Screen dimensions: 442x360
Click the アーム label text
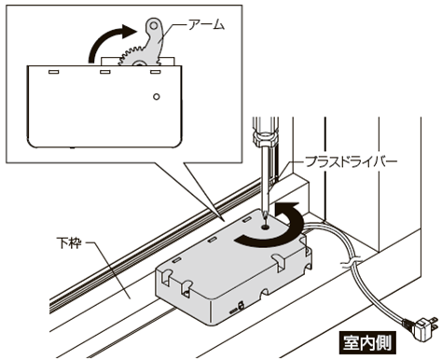206,24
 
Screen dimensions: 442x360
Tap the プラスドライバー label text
352,162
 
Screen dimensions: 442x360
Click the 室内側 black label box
367,343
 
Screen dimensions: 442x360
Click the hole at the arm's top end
153,25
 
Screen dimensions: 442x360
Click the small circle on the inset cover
157,97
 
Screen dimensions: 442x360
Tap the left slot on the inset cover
54,72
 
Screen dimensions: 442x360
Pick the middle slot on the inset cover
104,72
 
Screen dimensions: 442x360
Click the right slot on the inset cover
155,72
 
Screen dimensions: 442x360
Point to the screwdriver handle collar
265,139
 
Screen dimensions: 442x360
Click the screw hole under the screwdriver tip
265,228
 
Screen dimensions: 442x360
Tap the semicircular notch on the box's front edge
265,293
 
